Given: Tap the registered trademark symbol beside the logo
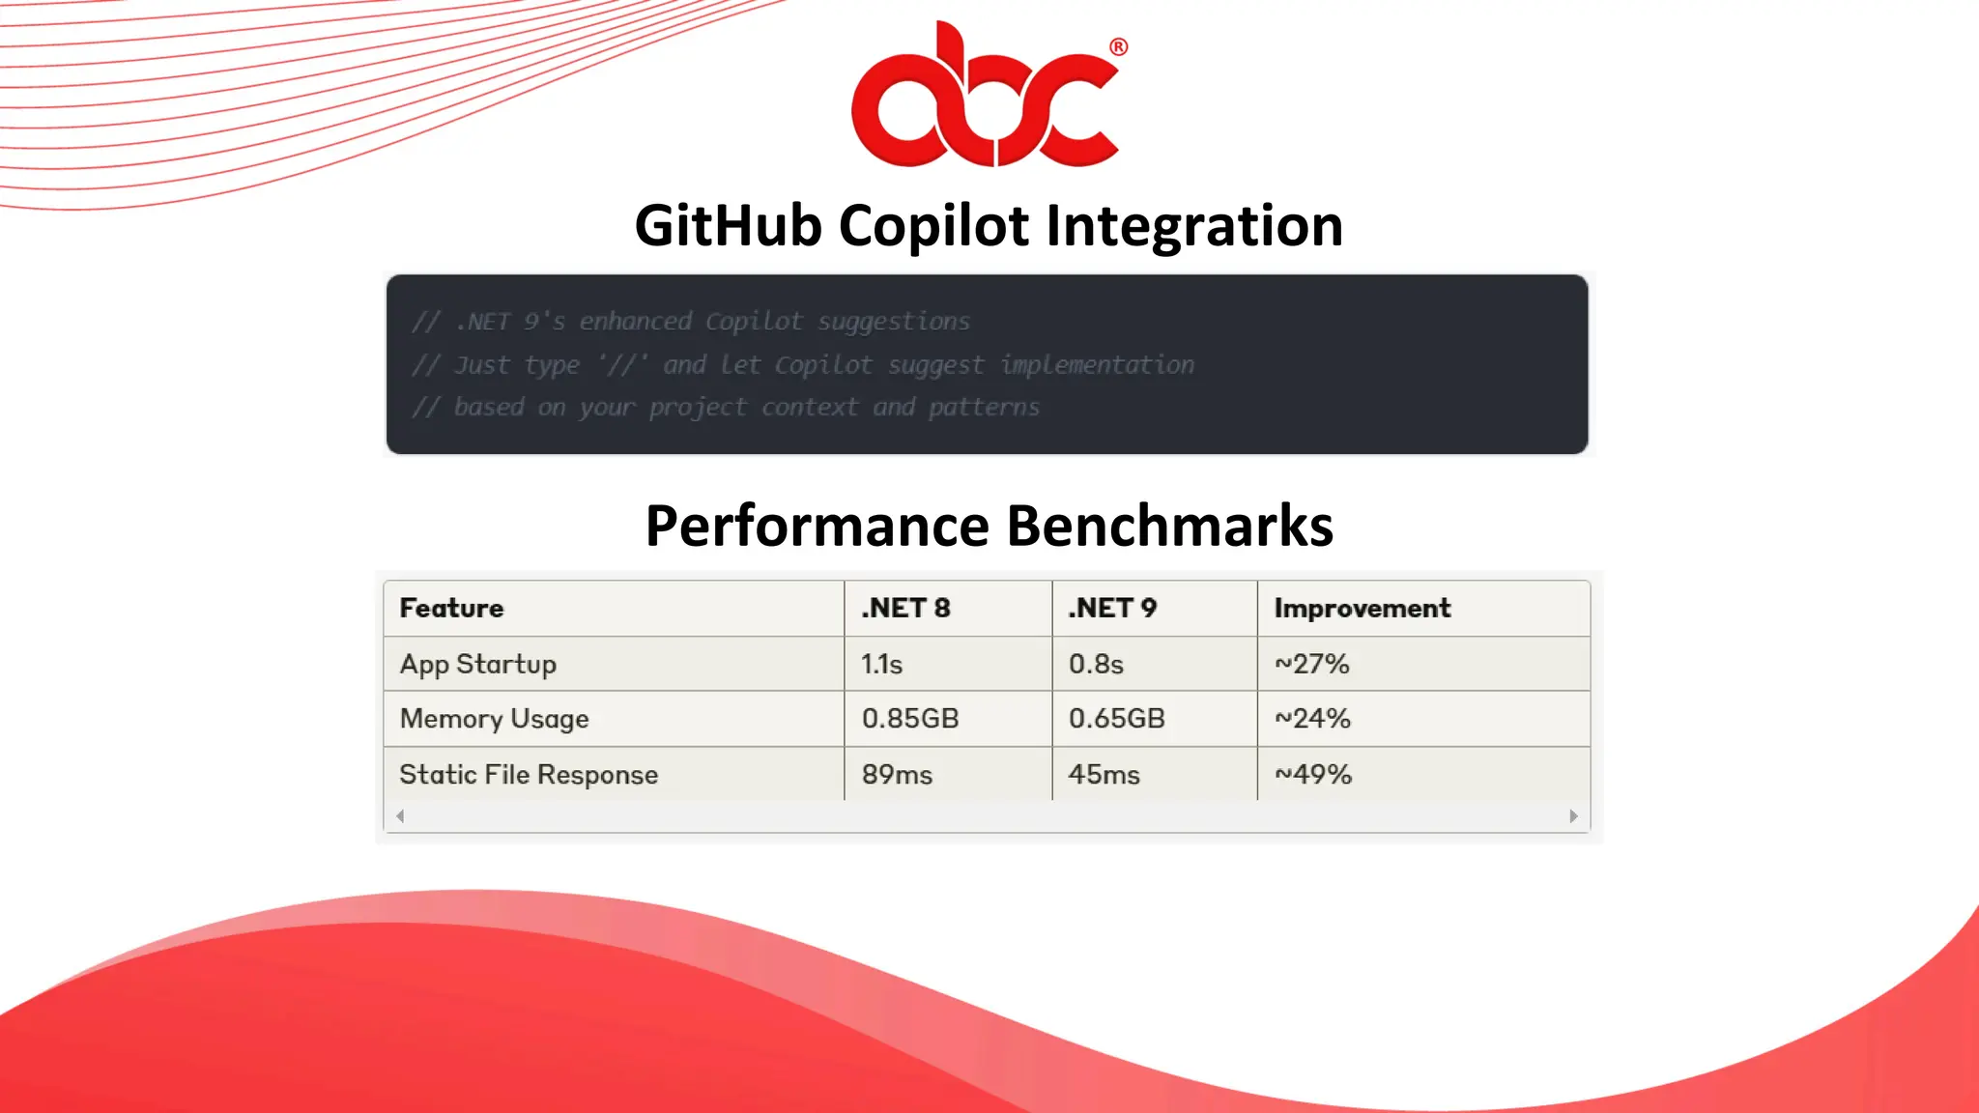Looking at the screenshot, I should tap(1118, 46).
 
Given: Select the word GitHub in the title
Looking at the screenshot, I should tap(727, 225).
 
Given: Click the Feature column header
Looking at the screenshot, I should tap(451, 608).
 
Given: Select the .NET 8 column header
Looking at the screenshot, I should tap(905, 608).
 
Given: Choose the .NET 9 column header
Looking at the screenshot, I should tap(1112, 608).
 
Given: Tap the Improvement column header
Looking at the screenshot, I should tap(1362, 608).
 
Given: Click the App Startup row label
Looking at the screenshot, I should tap(478, 664).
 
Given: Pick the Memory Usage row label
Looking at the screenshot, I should tap(494, 719).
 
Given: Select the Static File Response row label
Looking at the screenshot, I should tap(529, 775).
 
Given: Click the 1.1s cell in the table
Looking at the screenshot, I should tap(881, 664).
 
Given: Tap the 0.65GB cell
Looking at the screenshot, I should tap(1116, 719).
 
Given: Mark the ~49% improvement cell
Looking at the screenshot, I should tap(1312, 775).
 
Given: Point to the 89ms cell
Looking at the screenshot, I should tap(897, 775).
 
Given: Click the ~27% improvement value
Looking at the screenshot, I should tap(1311, 664).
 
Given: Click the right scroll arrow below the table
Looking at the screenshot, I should tap(1573, 816).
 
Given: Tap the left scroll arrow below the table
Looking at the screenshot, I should tap(400, 816).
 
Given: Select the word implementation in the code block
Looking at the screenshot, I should tap(1097, 364).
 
